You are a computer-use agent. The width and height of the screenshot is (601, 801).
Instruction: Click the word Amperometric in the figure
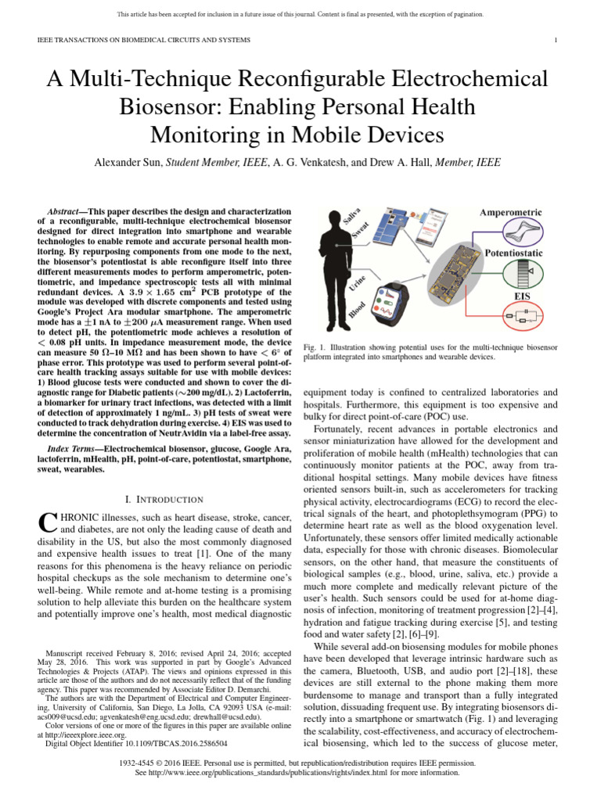pyautogui.click(x=515, y=213)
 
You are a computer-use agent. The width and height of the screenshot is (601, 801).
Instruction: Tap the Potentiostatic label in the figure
pyautogui.click(x=516, y=254)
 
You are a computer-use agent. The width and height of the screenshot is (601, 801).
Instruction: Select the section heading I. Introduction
pyautogui.click(x=164, y=499)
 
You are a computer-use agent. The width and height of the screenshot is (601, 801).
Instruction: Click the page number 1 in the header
pyautogui.click(x=555, y=39)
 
